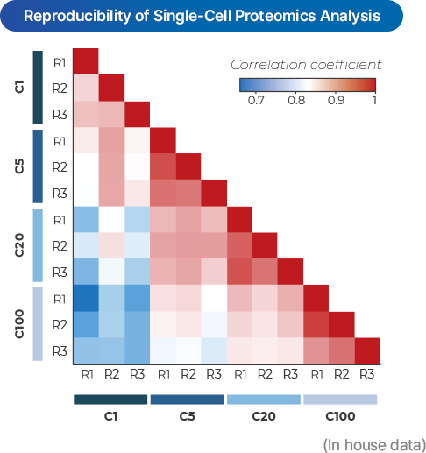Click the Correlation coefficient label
click(x=305, y=65)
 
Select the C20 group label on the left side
click(x=20, y=245)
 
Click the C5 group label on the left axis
click(x=20, y=166)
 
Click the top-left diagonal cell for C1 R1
click(x=84, y=62)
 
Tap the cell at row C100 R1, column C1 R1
click(x=84, y=298)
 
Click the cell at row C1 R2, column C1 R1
click(x=84, y=88)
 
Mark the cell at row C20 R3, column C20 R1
click(x=238, y=272)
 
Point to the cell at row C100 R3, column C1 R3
click(x=136, y=350)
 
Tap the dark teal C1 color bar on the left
click(x=38, y=88)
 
